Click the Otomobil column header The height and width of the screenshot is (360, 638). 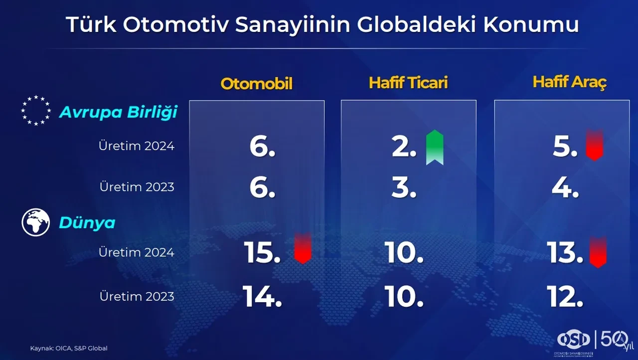pos(256,84)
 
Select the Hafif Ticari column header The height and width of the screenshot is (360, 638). pos(408,83)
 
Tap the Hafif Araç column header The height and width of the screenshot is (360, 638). pos(569,82)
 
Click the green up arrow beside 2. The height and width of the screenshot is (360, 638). pos(435,147)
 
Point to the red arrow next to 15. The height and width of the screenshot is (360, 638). pos(303,248)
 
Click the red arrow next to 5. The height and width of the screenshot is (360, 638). pos(594,145)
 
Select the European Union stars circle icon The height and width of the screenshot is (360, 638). pos(36,111)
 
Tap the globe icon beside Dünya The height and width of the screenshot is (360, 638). pos(36,222)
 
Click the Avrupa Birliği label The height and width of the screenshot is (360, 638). pos(118,113)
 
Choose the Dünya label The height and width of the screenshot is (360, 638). pos(87,223)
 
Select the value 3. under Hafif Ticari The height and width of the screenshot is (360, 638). pos(404,188)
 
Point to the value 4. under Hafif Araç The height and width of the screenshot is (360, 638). pos(565,188)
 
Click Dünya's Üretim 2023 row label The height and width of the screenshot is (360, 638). pos(137,296)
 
